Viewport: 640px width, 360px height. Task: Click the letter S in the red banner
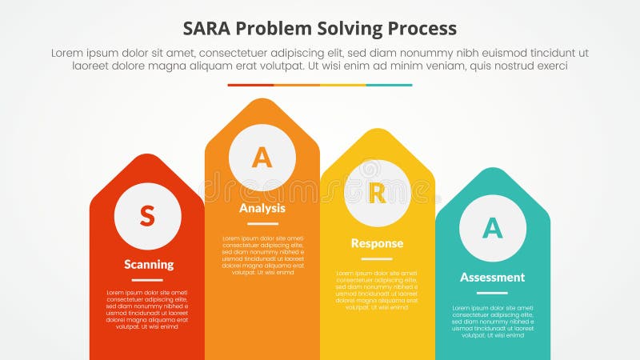[147, 215]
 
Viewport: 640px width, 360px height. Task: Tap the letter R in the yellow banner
[377, 194]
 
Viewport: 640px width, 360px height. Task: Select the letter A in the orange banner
[262, 158]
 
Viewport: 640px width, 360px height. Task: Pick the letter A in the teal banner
[492, 228]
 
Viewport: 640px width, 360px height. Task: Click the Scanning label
[148, 264]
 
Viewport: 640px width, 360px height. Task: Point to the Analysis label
[262, 208]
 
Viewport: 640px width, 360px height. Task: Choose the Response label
[377, 243]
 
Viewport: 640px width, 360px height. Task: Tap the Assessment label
[492, 277]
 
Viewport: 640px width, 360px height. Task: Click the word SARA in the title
[210, 29]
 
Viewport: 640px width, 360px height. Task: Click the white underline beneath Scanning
[147, 280]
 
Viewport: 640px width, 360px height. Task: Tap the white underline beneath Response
[377, 259]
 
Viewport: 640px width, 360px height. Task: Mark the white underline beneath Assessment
[492, 293]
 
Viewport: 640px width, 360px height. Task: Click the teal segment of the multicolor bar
[389, 85]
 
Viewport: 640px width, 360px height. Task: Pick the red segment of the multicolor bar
[250, 85]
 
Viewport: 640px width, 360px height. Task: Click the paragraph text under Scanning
[147, 310]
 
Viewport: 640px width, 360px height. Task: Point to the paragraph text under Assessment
[492, 322]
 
